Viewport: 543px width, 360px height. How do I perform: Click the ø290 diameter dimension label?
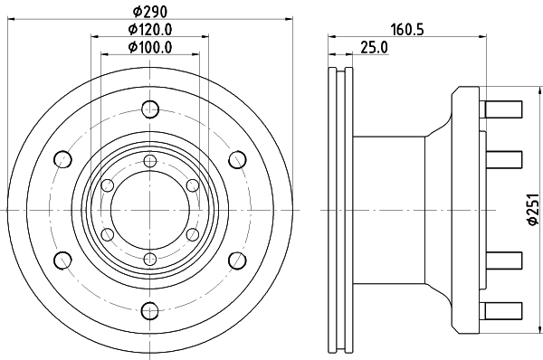[x=149, y=12]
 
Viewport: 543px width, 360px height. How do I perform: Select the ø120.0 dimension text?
[x=149, y=30]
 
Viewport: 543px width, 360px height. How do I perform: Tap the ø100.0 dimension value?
[x=149, y=47]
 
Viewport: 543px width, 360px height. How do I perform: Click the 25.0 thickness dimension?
[x=373, y=47]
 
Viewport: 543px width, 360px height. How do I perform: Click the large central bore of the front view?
[x=148, y=211]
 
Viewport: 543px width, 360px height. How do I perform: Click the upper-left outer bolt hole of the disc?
[x=62, y=160]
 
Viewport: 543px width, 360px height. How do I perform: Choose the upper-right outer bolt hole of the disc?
[x=235, y=160]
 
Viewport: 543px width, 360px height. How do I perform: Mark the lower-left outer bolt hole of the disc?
[x=62, y=261]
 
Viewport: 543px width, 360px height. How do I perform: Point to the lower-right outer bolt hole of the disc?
[x=235, y=261]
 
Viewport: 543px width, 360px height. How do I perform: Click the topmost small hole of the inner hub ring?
[x=148, y=161]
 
